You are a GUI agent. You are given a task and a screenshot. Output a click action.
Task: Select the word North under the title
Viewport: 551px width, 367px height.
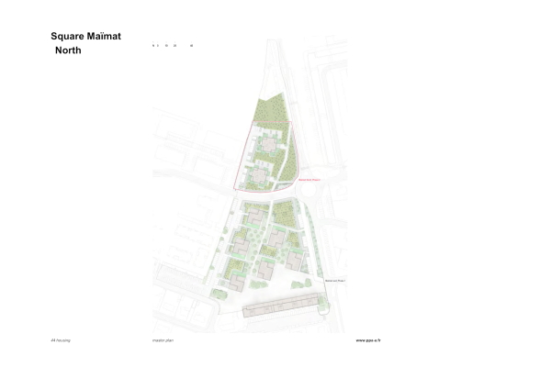pyautogui.click(x=68, y=50)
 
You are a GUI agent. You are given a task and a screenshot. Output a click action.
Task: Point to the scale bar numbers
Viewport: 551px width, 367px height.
pyautogui.click(x=173, y=45)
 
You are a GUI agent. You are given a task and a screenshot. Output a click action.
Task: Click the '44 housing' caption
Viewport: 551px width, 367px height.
pyautogui.click(x=61, y=339)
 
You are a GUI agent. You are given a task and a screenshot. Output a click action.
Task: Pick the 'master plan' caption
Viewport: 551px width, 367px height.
pyautogui.click(x=163, y=339)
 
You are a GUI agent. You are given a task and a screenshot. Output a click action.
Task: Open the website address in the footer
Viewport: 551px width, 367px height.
pyautogui.click(x=367, y=339)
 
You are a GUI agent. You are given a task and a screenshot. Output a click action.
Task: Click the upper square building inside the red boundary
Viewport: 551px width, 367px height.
pyautogui.click(x=268, y=144)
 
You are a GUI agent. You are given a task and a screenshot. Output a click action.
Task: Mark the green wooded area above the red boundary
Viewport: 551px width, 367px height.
pyautogui.click(x=273, y=110)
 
